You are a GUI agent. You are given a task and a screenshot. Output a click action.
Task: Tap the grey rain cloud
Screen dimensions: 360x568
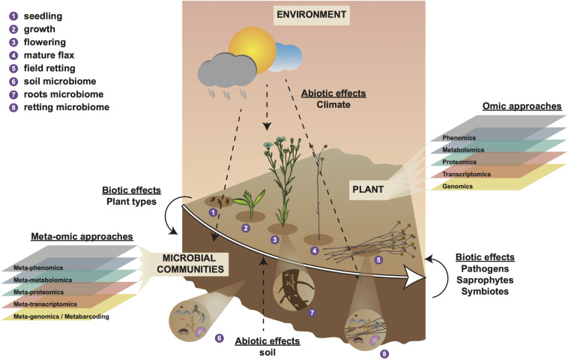pos(223,70)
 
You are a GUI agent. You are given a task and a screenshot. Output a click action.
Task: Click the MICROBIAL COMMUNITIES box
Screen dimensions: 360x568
pos(189,262)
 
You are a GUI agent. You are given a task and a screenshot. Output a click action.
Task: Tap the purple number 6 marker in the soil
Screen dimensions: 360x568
pos(220,338)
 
